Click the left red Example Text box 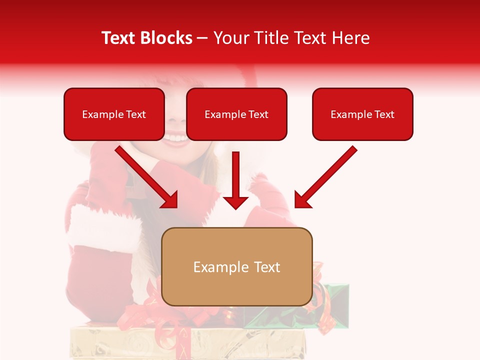point(114,114)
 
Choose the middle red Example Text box point(236,114)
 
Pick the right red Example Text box point(362,114)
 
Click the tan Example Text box point(237,267)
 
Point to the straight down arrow point(235,180)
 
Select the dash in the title point(202,38)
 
